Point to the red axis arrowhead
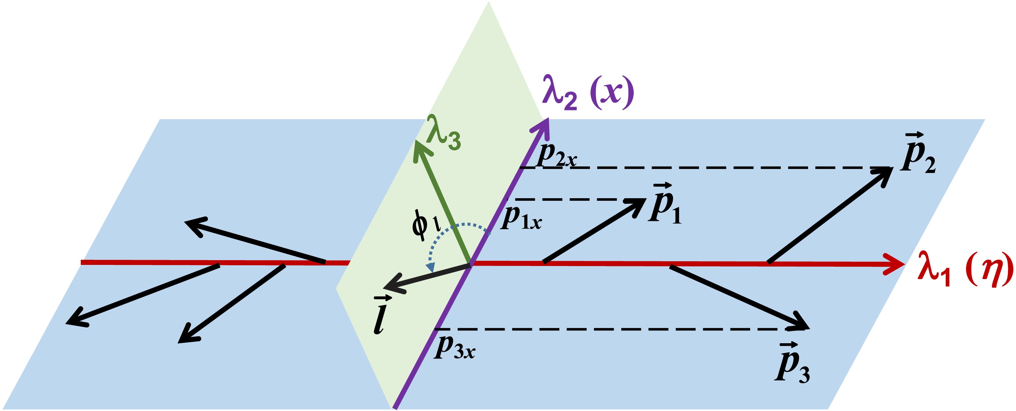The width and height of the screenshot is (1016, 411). [895, 264]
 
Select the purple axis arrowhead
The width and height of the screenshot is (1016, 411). [542, 128]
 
